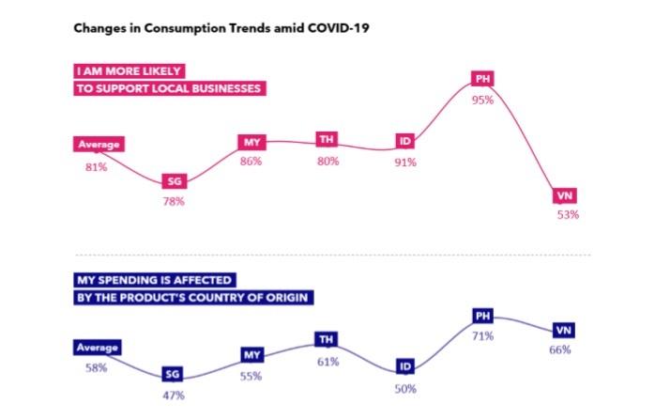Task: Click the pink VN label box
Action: coord(565,195)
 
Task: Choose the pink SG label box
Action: coord(174,181)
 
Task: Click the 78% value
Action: coord(175,201)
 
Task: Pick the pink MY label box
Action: coord(251,142)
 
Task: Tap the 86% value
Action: coord(251,162)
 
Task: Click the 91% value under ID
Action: coord(406,162)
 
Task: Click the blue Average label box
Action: coord(96,348)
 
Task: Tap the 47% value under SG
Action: coord(175,394)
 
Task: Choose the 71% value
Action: coord(484,335)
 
